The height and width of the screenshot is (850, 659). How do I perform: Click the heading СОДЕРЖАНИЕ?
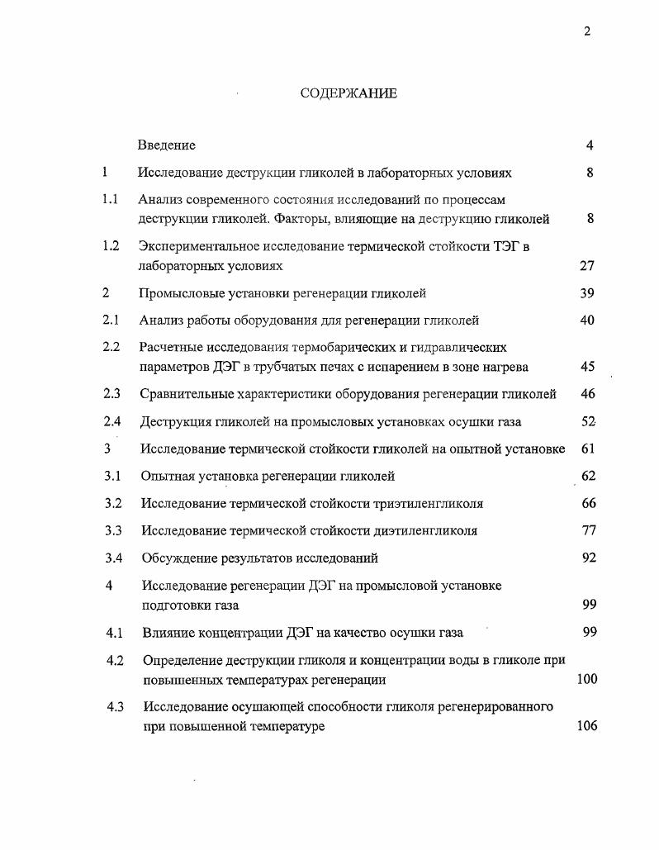(348, 93)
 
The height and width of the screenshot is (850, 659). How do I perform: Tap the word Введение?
(167, 145)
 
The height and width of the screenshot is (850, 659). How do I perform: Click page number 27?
(587, 266)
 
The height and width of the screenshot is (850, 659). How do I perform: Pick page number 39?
(587, 293)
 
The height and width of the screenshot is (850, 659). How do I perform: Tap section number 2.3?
(111, 394)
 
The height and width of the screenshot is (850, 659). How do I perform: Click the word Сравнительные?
(183, 394)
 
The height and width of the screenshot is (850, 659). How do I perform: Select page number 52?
(588, 421)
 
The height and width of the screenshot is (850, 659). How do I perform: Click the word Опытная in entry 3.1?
(165, 476)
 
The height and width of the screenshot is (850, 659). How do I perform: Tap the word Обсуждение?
(178, 558)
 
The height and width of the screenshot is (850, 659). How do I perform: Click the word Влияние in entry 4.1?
(169, 633)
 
